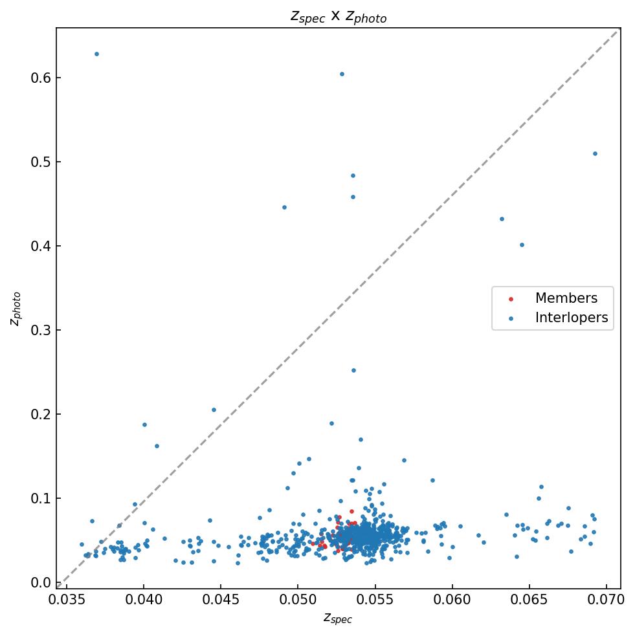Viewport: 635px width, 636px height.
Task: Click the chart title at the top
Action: click(x=338, y=16)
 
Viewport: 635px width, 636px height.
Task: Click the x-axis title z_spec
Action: click(x=338, y=618)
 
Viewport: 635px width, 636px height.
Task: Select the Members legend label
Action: click(x=566, y=298)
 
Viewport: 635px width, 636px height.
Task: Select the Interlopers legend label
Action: click(x=571, y=318)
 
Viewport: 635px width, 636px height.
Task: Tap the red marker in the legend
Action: click(x=510, y=299)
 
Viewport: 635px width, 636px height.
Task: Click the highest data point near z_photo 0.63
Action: click(x=96, y=54)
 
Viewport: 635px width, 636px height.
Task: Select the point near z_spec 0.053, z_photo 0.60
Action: click(x=342, y=74)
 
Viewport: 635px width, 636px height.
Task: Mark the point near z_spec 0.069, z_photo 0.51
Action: click(x=595, y=153)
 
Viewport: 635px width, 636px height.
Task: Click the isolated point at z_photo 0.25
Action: click(x=353, y=370)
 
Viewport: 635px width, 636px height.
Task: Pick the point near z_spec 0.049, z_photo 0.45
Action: click(x=284, y=207)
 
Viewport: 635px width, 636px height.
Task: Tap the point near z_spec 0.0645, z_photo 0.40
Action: click(x=522, y=245)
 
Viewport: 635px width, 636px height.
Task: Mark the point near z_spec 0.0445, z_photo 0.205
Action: click(x=214, y=410)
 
